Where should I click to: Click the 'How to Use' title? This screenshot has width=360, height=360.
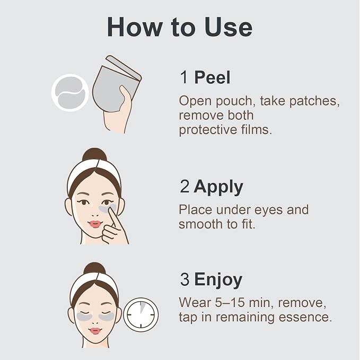[180, 27]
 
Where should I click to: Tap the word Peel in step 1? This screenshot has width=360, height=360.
[212, 77]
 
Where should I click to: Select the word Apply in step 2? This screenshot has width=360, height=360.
[218, 187]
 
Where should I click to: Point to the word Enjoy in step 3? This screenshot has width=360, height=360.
[218, 280]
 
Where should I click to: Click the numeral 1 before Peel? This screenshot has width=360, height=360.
[184, 77]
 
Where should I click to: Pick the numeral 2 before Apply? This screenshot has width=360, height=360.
[185, 187]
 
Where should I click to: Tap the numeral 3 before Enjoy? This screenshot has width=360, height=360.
[185, 279]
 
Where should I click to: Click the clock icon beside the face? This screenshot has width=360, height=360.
[141, 314]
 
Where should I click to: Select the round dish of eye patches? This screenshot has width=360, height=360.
[70, 93]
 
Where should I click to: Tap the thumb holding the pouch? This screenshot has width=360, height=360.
[126, 96]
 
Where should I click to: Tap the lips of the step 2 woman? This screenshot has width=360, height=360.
[95, 224]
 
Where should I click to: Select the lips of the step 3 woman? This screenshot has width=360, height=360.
[95, 331]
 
